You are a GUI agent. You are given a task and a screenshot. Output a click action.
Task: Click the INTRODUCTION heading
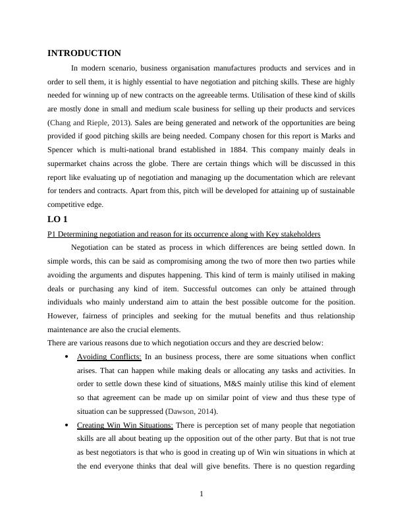tap(84, 53)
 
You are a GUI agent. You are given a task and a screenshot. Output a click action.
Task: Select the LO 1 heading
tap(57, 219)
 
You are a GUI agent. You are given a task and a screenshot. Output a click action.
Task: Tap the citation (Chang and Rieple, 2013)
tap(88, 123)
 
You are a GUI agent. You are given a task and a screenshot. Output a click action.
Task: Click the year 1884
tap(254, 150)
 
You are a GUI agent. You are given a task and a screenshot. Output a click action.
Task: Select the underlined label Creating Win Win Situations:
tap(125, 425)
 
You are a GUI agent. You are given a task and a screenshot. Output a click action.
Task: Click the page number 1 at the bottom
tap(201, 495)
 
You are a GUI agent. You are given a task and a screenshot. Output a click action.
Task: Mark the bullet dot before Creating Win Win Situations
tap(68, 426)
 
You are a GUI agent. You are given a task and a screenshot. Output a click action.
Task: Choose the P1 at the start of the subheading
tap(52, 234)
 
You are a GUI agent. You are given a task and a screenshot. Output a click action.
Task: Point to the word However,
tap(65, 316)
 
